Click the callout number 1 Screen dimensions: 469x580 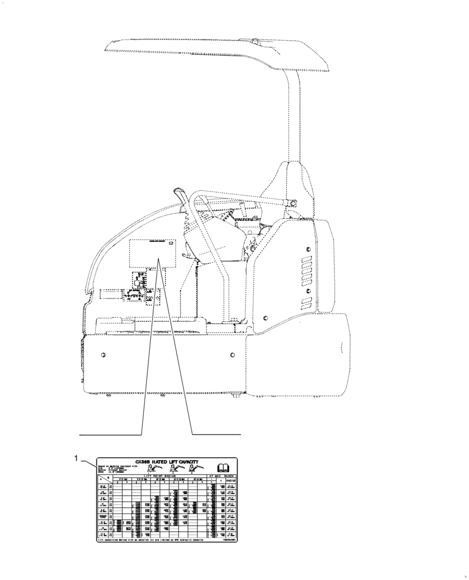76,458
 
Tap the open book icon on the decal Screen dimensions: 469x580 223,467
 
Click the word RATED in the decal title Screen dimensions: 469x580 159,462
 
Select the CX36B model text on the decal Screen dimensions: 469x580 142,462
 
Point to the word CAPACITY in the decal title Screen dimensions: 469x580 185,462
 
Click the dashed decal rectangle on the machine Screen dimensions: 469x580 153,253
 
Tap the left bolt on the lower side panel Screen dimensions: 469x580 103,355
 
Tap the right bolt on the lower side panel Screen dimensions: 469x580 232,355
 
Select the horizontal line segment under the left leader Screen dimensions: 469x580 110,434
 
